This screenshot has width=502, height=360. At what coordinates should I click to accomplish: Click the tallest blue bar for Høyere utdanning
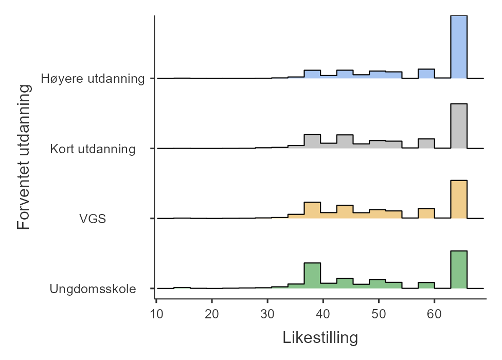click(459, 47)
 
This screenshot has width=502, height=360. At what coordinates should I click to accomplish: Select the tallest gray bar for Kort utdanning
click(459, 127)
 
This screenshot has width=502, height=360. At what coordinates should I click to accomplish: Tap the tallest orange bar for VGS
click(459, 200)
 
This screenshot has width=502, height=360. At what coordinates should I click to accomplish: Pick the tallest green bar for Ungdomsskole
click(459, 270)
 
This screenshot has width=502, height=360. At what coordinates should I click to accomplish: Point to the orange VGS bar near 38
click(312, 211)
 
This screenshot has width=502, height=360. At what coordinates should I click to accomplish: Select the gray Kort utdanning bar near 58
click(426, 144)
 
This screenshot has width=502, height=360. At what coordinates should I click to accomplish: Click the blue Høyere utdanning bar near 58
click(426, 74)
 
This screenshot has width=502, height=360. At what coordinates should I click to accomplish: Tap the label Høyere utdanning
click(93, 79)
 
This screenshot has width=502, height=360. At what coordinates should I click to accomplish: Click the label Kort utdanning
click(93, 149)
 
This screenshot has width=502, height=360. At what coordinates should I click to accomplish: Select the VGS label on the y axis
click(93, 219)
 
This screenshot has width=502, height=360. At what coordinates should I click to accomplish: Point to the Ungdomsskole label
click(93, 289)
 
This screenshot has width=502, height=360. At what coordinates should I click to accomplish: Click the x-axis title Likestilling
click(320, 338)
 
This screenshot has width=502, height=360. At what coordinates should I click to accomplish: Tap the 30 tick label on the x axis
click(267, 313)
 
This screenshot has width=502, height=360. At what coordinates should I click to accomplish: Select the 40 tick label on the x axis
click(323, 313)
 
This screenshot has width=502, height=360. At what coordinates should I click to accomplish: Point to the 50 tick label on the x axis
click(379, 313)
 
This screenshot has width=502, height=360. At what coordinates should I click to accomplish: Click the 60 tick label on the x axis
click(434, 313)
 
